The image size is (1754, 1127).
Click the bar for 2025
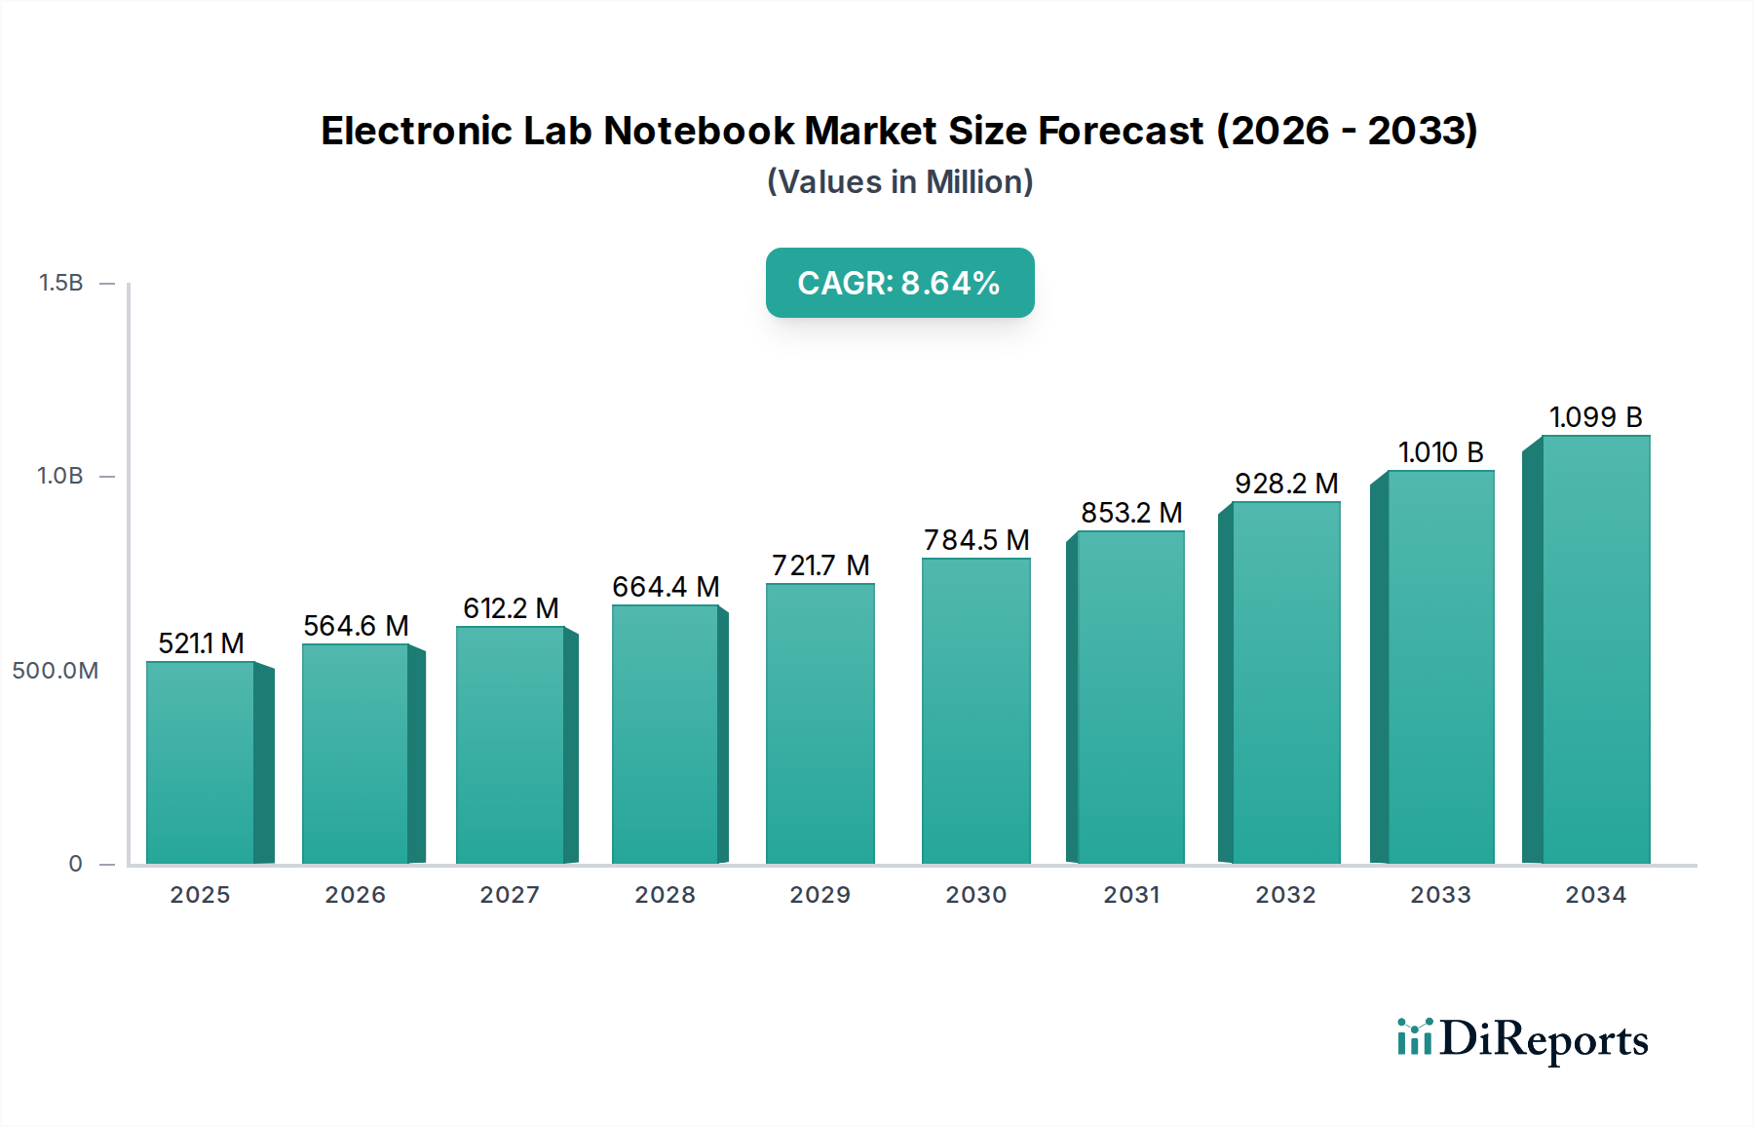tap(201, 762)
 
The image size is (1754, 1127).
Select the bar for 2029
tap(820, 723)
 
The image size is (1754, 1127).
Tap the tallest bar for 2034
tap(1595, 649)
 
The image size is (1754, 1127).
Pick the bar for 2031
tap(1130, 697)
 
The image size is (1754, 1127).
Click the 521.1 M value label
tap(201, 643)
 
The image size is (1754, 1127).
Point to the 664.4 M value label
tap(666, 587)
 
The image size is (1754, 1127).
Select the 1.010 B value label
tap(1440, 452)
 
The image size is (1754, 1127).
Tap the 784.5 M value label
tap(976, 540)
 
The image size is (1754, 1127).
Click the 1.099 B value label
tap(1595, 417)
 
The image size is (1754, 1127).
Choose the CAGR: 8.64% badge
tap(899, 283)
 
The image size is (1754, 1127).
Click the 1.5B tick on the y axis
tap(60, 283)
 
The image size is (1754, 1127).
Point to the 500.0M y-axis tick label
tap(56, 671)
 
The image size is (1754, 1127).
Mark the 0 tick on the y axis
tap(75, 864)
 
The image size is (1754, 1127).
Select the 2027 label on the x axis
tap(510, 895)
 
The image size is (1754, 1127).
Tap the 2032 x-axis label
tap(1285, 895)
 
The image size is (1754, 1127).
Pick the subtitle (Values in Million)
tap(899, 182)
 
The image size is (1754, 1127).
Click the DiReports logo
tap(1522, 1039)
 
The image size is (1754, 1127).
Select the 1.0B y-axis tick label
tap(60, 477)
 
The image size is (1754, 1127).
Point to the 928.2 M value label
tap(1285, 484)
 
